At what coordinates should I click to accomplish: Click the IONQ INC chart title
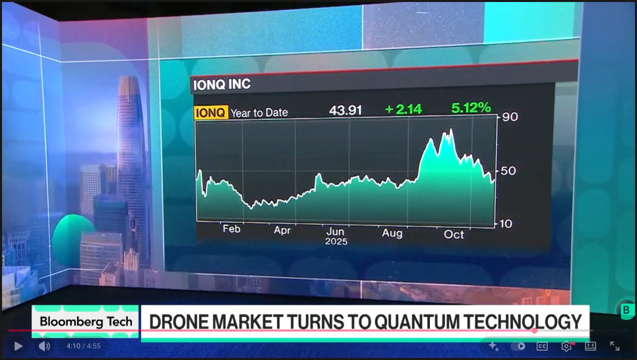click(x=221, y=85)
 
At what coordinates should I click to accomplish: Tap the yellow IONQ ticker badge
click(x=210, y=113)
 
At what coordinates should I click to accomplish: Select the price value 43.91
click(x=346, y=110)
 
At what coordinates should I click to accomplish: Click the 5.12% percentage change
click(x=471, y=107)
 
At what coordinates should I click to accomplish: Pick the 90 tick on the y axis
click(x=510, y=117)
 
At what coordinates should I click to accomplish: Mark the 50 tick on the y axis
click(x=508, y=171)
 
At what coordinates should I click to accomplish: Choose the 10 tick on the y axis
click(x=505, y=224)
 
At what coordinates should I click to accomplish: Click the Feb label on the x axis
click(x=231, y=229)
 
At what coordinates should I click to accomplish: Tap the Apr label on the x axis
click(x=282, y=231)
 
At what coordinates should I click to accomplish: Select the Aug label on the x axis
click(x=392, y=233)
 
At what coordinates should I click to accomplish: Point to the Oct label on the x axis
click(x=454, y=235)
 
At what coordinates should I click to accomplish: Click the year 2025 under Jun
click(x=336, y=241)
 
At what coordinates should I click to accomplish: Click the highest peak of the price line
click(x=451, y=130)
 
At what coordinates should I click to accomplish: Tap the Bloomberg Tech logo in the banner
click(x=86, y=322)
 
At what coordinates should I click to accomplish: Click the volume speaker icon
click(x=44, y=345)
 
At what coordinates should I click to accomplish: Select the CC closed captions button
click(x=542, y=346)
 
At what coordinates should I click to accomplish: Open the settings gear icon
click(x=566, y=346)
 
